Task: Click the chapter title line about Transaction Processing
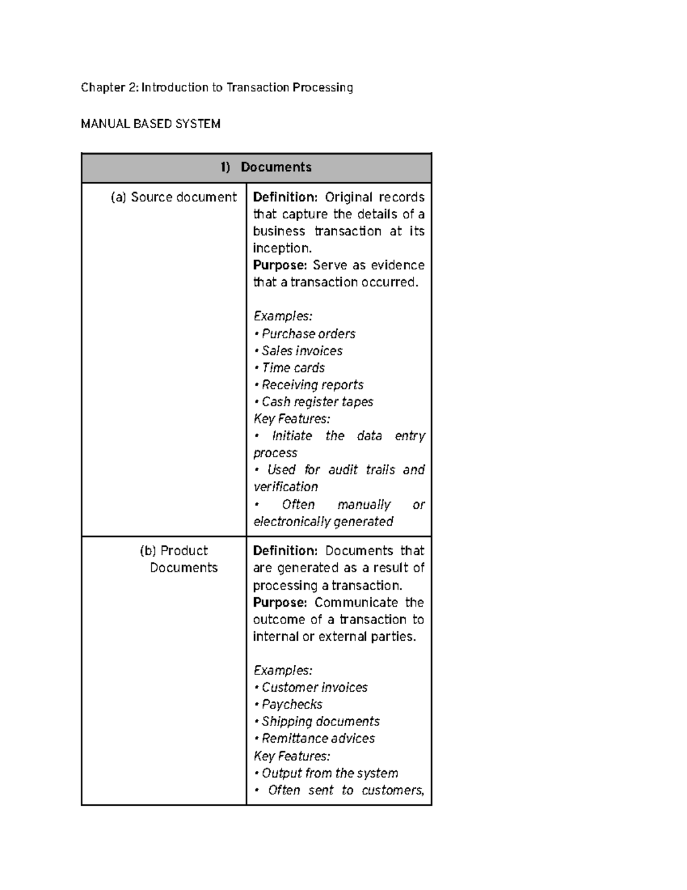point(216,87)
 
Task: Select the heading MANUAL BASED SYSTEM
point(151,124)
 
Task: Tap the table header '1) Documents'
point(266,167)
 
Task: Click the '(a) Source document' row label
point(173,197)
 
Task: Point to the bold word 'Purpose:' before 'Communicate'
point(280,602)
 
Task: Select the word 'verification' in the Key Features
point(285,487)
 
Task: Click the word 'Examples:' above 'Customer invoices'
point(283,670)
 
